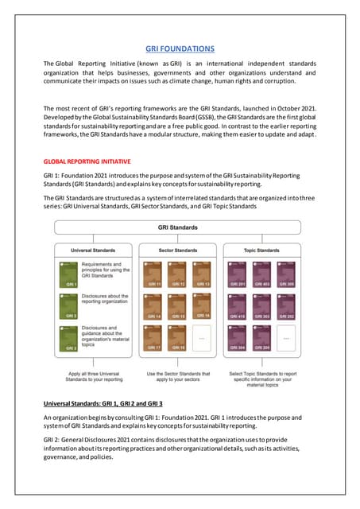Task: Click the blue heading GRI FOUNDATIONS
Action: click(x=180, y=49)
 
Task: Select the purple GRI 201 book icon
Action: click(x=238, y=272)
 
